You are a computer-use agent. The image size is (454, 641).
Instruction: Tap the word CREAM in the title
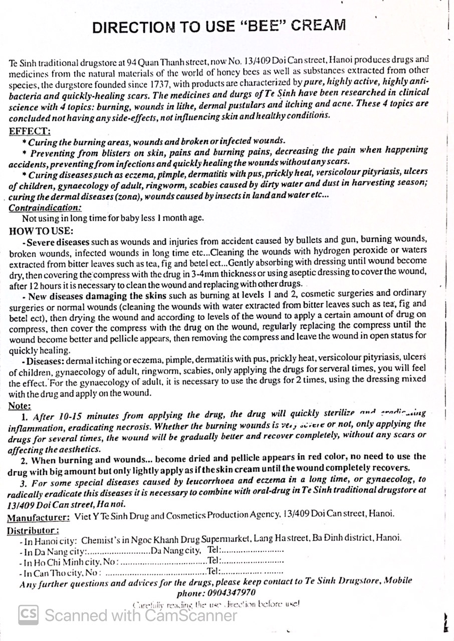[318, 25]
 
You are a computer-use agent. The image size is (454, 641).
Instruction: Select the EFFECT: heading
[30, 132]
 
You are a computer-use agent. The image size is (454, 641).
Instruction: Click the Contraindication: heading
[45, 207]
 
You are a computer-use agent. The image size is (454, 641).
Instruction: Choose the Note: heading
[20, 406]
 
